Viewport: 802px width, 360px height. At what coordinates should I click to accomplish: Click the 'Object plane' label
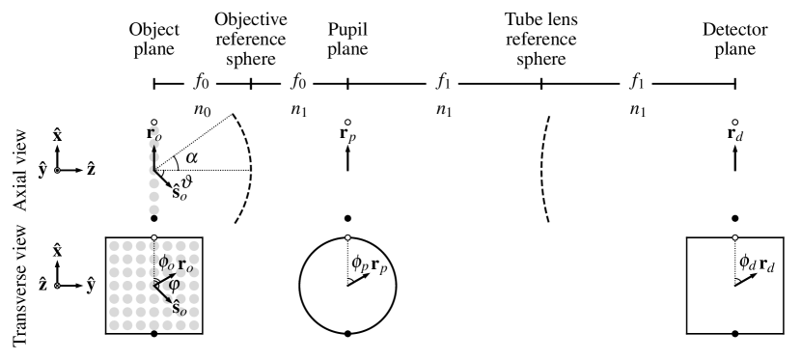coord(154,38)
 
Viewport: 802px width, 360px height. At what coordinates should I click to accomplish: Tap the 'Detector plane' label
coord(736,38)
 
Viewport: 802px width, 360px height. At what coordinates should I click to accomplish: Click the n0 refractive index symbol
coord(203,110)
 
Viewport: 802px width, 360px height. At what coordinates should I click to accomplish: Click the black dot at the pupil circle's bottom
coord(347,333)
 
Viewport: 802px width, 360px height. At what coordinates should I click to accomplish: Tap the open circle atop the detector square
coord(736,236)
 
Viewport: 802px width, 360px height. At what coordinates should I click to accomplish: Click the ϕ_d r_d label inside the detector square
coord(756,262)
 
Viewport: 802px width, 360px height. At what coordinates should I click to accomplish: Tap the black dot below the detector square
coord(736,333)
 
